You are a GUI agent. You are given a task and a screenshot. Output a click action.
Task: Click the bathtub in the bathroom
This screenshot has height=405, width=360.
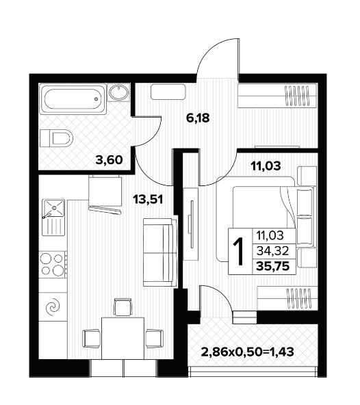(73, 99)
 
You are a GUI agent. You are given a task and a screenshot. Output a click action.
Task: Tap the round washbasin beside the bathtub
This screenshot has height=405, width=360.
(118, 92)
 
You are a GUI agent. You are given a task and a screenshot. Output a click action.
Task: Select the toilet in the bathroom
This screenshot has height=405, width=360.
(56, 138)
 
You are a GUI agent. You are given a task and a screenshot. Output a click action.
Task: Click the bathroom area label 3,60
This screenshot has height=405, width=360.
(109, 160)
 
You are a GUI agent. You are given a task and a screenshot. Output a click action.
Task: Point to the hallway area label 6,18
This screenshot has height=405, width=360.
(198, 118)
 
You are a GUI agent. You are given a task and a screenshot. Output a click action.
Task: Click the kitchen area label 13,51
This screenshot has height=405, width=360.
(148, 199)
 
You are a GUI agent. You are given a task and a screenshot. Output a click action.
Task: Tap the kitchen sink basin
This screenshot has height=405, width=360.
(53, 208)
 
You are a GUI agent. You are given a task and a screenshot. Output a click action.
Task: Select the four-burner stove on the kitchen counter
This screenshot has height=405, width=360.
(53, 264)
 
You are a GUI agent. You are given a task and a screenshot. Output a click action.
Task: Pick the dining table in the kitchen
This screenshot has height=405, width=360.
(123, 338)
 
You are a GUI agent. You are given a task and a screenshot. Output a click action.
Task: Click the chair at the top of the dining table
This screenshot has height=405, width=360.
(123, 307)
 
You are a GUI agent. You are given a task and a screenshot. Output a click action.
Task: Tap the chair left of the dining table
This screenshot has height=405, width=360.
(91, 338)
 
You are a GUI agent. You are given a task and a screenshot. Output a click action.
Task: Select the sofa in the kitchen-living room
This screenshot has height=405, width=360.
(160, 252)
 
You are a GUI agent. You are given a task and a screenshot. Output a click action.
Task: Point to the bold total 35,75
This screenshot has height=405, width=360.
(272, 265)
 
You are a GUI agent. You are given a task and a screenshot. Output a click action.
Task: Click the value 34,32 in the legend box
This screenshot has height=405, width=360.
(272, 250)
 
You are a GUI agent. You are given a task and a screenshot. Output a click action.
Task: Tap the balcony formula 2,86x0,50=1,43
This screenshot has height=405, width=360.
(247, 352)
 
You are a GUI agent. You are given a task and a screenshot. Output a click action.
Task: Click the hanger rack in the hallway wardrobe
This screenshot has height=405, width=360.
(296, 96)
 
